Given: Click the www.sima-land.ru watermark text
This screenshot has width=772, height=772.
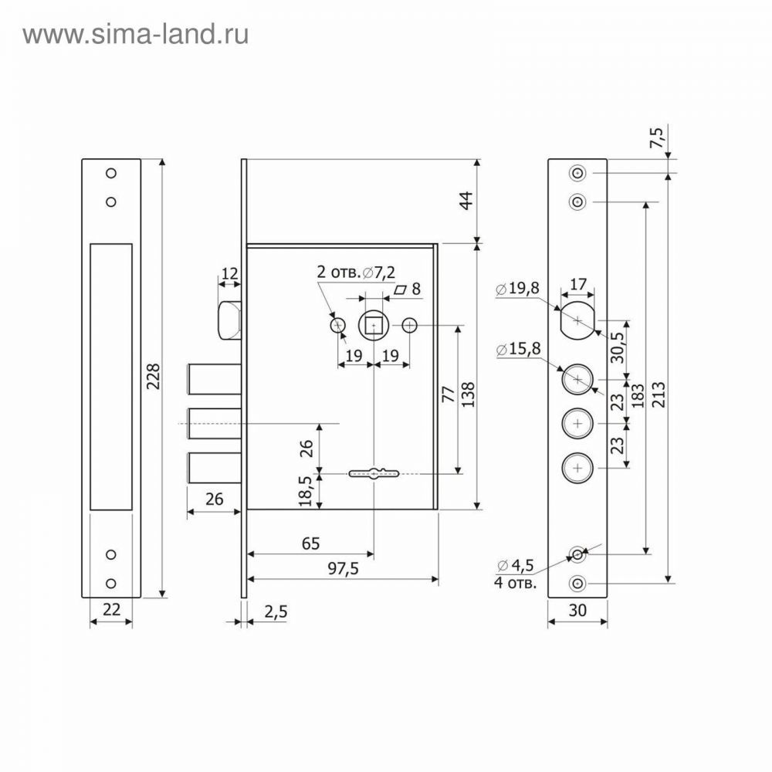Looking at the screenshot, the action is coord(135,35).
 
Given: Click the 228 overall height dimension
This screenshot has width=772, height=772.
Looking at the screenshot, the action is coord(154,377).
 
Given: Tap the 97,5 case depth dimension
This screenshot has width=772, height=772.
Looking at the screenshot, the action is coord(344,569).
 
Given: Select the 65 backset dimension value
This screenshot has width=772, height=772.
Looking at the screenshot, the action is coord(310,543).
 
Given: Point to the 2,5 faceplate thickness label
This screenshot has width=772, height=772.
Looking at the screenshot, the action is coord(276,611).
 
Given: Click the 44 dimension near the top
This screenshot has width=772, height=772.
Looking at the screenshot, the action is coord(466,201).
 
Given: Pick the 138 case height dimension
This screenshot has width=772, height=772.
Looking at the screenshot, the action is coord(468,394).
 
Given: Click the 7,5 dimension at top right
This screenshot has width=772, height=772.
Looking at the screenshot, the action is coord(657,137).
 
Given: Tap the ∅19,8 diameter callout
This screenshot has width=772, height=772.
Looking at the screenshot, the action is coord(517,288).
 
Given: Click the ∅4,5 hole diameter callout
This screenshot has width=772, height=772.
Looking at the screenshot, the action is coord(516,565).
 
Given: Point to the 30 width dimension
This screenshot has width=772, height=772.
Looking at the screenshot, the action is coord(577,611).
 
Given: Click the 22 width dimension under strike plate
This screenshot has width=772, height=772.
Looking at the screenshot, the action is coord(111,610).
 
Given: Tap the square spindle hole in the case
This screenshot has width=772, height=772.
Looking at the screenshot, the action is coord(374,326).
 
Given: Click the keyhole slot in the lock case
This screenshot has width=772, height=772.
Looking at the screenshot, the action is coord(374,474).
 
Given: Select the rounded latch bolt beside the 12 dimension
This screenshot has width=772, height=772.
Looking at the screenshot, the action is coord(229,320).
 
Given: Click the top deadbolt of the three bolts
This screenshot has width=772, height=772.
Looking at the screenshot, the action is coord(214,379).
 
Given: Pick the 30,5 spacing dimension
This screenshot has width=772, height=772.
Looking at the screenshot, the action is coord(617,347).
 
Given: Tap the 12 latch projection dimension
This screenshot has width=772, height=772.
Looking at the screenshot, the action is coord(229,273).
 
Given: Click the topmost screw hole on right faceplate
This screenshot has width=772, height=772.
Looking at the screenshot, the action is coord(577,173).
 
